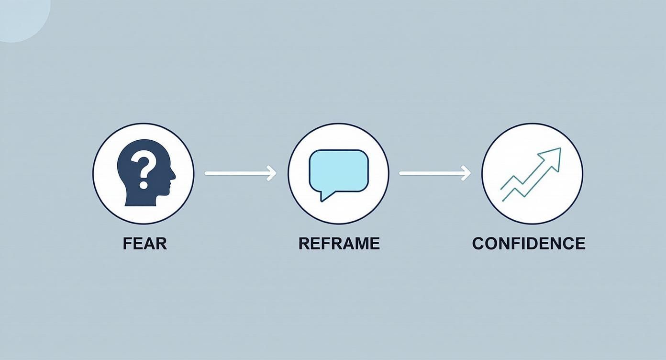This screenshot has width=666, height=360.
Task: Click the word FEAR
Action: click(144, 243)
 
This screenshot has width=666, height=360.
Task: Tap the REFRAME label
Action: click(339, 243)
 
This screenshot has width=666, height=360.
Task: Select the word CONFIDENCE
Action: click(528, 243)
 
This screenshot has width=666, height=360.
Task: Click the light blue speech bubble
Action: click(339, 170)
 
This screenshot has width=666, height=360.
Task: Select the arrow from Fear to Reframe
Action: click(239, 173)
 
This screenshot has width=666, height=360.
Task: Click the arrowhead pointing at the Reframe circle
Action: click(272, 173)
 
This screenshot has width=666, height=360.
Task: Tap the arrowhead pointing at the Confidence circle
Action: click(466, 173)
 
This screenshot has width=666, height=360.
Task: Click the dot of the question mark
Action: click(143, 184)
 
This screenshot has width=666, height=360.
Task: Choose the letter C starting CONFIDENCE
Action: click(478, 243)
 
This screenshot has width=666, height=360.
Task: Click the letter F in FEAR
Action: click(127, 243)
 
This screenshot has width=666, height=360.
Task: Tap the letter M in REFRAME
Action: click(362, 243)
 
